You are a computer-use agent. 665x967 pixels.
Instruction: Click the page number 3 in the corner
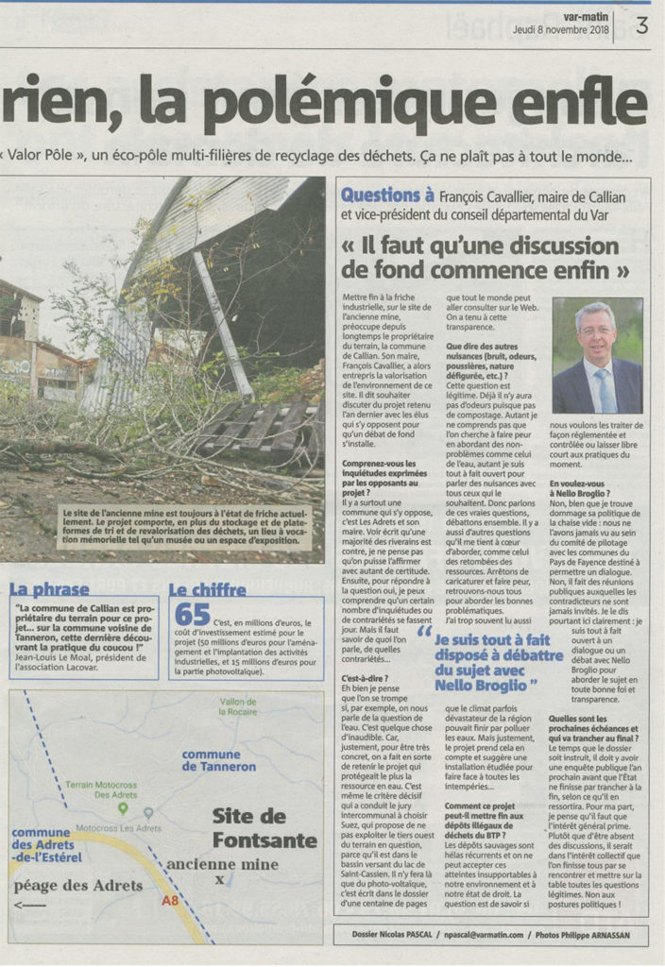[x=642, y=27]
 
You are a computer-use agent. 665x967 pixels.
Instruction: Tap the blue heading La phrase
[x=49, y=589]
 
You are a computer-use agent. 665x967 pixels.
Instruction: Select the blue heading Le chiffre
[x=207, y=589]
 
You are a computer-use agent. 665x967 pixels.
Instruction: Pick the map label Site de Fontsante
[x=264, y=827]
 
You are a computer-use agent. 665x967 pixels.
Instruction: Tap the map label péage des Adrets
[x=77, y=885]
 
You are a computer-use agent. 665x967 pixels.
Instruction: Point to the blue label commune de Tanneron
[x=218, y=760]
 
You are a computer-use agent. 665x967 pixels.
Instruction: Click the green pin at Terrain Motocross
[x=122, y=808]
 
